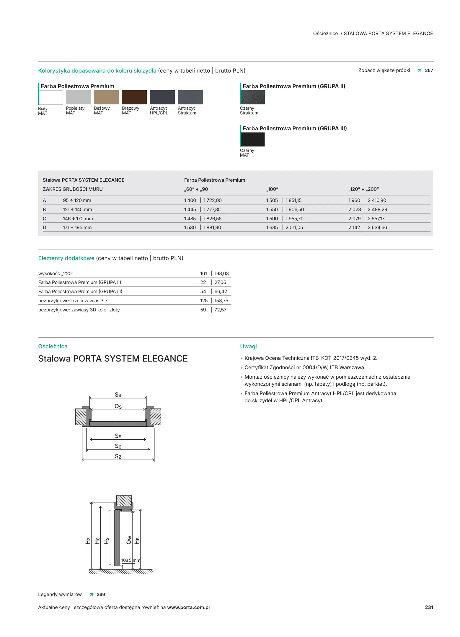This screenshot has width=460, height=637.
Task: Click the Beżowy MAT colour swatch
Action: click(x=106, y=97)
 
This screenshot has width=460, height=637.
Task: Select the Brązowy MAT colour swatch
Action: click(x=134, y=97)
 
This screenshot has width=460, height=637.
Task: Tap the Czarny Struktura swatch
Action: click(x=252, y=97)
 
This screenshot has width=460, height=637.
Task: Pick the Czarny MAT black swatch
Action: click(x=252, y=139)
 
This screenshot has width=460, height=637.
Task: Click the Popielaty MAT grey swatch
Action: click(x=78, y=97)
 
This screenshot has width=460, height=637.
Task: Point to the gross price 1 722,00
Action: click(x=212, y=201)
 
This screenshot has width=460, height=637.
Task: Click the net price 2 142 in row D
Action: click(x=354, y=228)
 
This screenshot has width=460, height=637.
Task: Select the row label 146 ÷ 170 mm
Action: click(x=78, y=219)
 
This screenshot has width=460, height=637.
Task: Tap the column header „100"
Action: click(x=272, y=189)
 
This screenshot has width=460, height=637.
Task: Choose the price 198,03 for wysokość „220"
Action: click(x=221, y=274)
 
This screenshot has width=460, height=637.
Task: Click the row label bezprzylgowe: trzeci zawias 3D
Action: click(x=72, y=301)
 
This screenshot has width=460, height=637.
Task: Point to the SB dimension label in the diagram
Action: click(x=118, y=395)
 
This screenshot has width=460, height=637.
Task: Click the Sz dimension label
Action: click(x=118, y=457)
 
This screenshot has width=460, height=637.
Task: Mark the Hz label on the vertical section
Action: click(x=88, y=541)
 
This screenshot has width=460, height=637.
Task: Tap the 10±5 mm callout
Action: click(x=130, y=560)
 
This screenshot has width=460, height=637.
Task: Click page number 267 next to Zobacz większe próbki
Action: click(x=429, y=70)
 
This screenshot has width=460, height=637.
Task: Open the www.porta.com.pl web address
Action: click(x=188, y=608)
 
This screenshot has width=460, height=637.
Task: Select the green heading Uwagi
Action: click(x=248, y=347)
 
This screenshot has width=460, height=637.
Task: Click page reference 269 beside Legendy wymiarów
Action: click(x=101, y=595)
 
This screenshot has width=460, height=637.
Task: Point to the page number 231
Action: click(x=429, y=608)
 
